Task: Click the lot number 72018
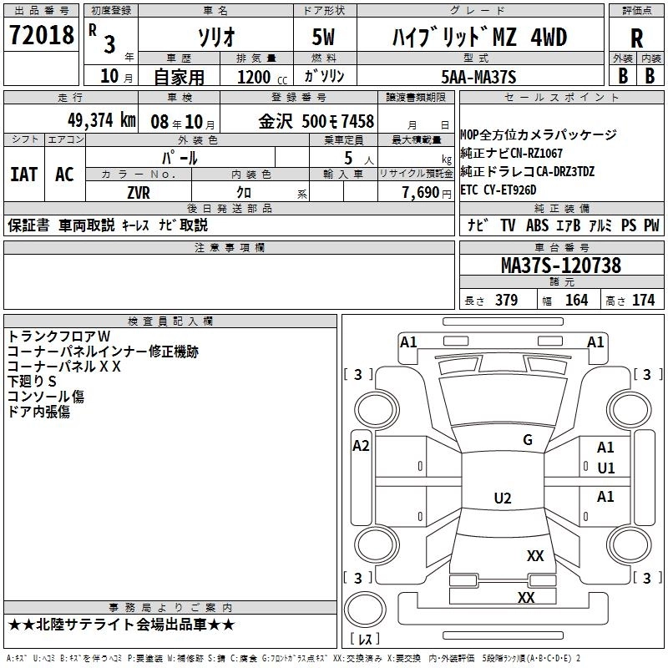[41, 36]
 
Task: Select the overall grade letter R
[636, 38]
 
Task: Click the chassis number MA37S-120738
[560, 266]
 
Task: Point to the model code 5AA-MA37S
[478, 77]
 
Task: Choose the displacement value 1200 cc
[256, 77]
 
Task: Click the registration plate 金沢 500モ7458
[316, 120]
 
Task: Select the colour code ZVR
[139, 192]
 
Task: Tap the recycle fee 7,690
[422, 192]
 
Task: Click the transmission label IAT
[24, 174]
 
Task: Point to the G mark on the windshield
[527, 440]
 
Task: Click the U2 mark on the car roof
[502, 498]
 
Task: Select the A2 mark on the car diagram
[361, 446]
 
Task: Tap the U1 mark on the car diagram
[605, 468]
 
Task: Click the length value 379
[504, 300]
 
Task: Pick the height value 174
[643, 300]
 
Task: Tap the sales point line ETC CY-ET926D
[509, 189]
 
